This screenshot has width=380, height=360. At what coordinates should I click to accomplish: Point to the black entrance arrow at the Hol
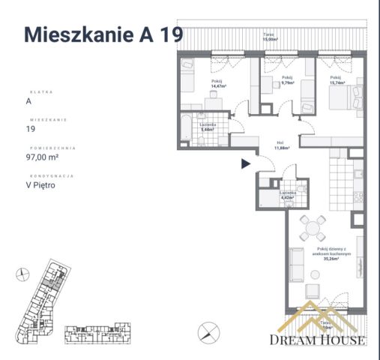[x=245, y=164]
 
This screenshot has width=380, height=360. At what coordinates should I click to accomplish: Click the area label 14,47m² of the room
[x=219, y=86]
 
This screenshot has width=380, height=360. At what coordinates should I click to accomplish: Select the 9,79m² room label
[x=286, y=83]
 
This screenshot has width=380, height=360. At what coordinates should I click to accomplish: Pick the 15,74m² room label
[x=335, y=83]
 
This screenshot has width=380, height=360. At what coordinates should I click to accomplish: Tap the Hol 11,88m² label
[x=282, y=146]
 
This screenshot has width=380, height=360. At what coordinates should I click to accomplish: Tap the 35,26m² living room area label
[x=324, y=259]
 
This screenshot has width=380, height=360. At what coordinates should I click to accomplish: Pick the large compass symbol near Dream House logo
[x=209, y=330]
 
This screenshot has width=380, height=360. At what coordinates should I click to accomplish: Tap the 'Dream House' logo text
[x=319, y=340]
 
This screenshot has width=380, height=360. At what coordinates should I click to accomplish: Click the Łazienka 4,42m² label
[x=290, y=196]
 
